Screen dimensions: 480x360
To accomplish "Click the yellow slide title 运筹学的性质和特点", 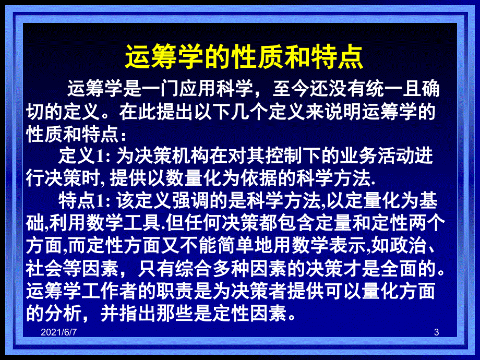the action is tap(244, 57).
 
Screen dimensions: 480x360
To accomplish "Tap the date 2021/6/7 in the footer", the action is tap(59, 332).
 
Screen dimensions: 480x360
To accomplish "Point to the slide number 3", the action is tap(437, 332).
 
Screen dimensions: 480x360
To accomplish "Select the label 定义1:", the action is tap(84, 155).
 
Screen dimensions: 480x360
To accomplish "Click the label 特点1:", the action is tap(84, 200).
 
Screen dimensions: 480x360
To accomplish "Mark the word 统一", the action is tap(384, 89).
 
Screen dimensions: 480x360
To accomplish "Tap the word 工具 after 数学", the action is tap(142, 223).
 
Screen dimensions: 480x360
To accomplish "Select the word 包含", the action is tap(296, 223).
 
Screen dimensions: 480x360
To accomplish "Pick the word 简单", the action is tap(235, 246).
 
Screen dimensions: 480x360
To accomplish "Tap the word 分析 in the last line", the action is tap(63, 313).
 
